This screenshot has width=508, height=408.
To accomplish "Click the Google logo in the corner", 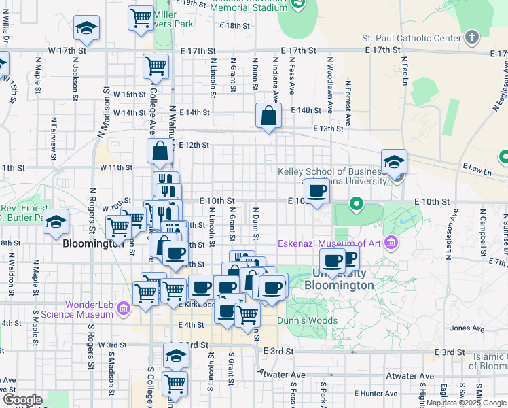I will tap(22, 400).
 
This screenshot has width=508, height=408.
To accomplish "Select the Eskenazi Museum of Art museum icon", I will tap(391, 243).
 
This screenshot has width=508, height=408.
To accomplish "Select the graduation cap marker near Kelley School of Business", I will tap(394, 161).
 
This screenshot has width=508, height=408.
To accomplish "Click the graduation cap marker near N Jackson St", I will tap(86, 28).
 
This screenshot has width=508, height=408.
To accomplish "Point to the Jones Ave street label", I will tap(467, 328).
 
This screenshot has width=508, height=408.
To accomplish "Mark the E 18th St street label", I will tap(236, 26).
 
